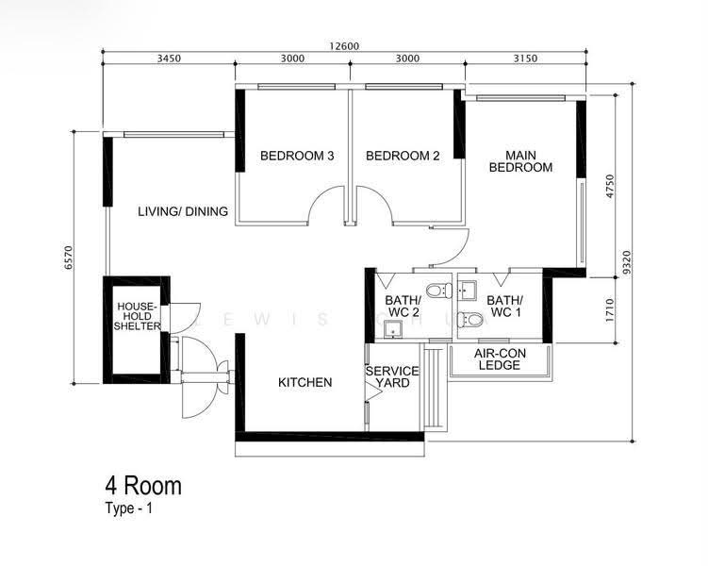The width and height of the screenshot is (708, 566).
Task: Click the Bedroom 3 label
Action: coord(297,156)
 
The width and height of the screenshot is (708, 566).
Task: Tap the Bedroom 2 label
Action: coord(403,156)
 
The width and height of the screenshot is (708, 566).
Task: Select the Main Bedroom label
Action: coord(520,161)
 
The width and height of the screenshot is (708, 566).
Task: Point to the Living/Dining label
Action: coord(183,211)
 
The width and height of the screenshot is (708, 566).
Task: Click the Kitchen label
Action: coord(305,383)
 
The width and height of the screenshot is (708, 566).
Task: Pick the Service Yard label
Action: coord(392,377)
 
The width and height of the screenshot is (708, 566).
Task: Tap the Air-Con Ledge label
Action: coord(500,359)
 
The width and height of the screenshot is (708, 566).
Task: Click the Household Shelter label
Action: coord(137,316)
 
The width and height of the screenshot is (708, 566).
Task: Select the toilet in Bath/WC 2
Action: coord(439,290)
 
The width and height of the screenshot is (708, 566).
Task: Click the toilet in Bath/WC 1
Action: coord(469,320)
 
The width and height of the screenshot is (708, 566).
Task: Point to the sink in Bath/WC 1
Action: coord(467,291)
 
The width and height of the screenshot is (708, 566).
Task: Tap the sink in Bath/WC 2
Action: coord(393,329)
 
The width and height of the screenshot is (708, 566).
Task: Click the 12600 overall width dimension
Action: coord(344,46)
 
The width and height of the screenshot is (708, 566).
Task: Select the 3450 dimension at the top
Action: coord(169,58)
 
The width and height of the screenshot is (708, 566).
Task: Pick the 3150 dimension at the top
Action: coord(526,58)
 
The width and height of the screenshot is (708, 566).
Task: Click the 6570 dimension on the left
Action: coord(68,258)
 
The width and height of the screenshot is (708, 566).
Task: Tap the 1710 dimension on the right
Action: coord(610,310)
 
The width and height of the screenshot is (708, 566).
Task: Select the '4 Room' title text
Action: coord(143,486)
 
